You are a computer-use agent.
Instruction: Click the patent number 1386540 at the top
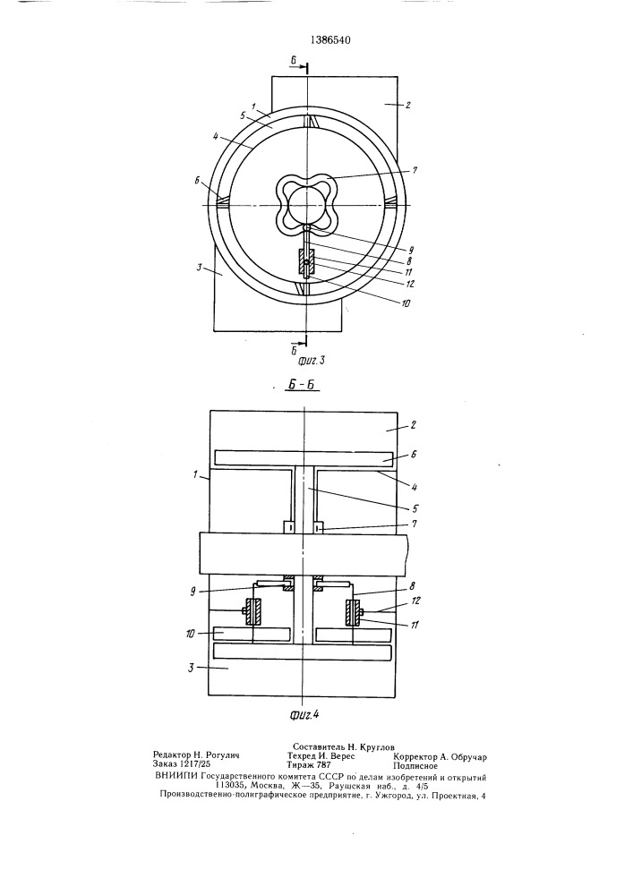tap(329, 40)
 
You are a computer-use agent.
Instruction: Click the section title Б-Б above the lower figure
tap(302, 387)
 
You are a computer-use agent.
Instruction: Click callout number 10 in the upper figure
tap(406, 303)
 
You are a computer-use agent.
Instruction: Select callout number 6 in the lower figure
tap(414, 454)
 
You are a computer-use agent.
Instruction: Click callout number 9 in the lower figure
tap(193, 592)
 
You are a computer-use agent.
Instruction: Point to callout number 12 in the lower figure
tap(415, 601)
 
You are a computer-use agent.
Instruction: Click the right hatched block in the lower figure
tap(352, 611)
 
